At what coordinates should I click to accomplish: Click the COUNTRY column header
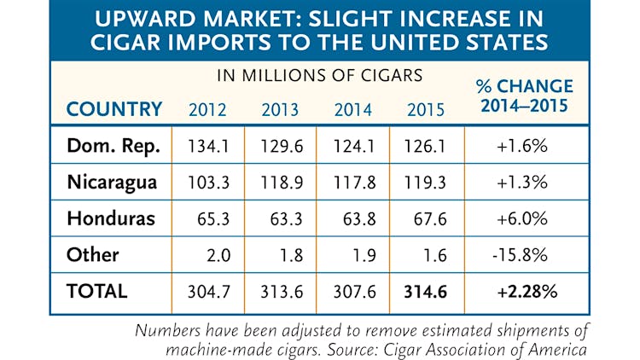tap(114, 109)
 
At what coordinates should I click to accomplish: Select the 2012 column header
tap(207, 109)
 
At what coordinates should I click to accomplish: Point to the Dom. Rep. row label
tap(113, 146)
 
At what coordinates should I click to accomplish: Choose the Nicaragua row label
tap(111, 182)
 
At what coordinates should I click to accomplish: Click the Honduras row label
tap(111, 218)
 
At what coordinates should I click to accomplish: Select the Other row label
tap(93, 254)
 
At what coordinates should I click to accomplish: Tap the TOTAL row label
tap(97, 291)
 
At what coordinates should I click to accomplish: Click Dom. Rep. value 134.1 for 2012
tap(207, 147)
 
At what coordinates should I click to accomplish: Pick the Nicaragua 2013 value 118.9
tap(280, 183)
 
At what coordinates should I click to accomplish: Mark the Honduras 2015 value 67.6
tap(426, 218)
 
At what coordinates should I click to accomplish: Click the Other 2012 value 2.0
tap(213, 255)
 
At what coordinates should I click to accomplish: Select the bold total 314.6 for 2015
tap(424, 291)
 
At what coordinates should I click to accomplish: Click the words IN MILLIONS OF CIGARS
tap(318, 75)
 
